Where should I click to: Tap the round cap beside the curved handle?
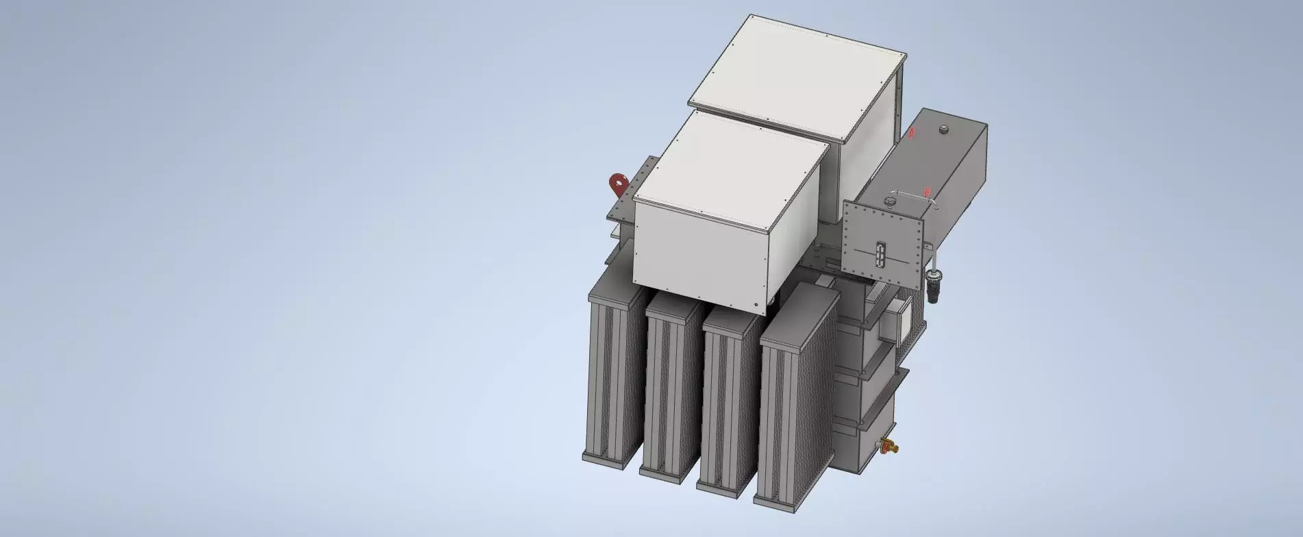(890, 201)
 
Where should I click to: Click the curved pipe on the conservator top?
(911, 195)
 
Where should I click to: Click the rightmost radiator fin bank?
(795, 404)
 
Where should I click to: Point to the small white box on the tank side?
(897, 322)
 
